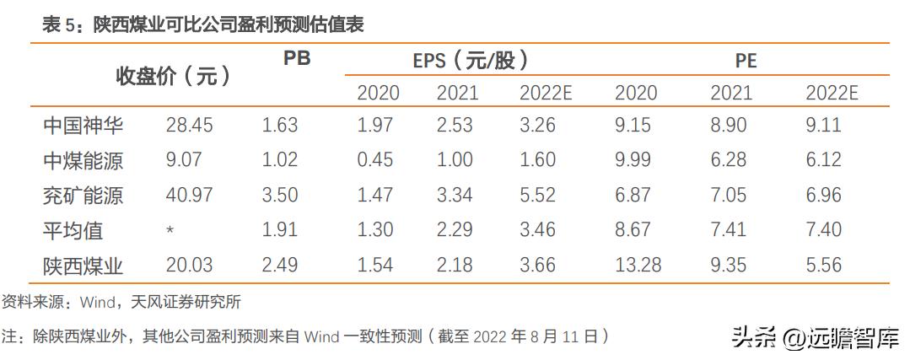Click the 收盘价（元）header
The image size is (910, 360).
click(x=173, y=77)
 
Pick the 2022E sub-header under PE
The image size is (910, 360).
click(x=831, y=93)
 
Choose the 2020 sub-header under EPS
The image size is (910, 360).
click(x=377, y=93)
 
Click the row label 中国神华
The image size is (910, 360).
click(x=83, y=126)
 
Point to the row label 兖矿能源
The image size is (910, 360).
click(x=83, y=196)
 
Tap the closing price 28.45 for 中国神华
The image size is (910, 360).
click(x=189, y=126)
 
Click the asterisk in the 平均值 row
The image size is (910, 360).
click(x=170, y=230)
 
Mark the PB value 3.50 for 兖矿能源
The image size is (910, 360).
click(x=280, y=196)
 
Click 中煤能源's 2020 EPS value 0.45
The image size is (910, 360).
click(x=374, y=161)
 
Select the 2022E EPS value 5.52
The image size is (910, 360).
click(x=537, y=196)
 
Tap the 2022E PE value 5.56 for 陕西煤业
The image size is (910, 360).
click(x=823, y=266)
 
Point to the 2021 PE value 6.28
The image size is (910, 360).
click(x=729, y=161)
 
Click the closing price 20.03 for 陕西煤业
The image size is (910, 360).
click(x=189, y=266)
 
